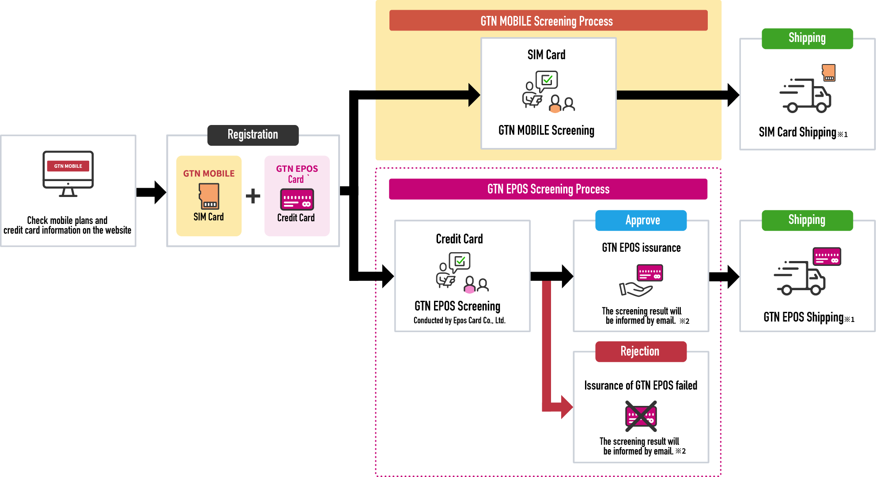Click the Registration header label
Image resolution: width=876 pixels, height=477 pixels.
coord(253,135)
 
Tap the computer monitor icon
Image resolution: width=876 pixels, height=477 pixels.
coord(68,173)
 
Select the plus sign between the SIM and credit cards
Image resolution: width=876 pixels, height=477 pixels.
coord(253,196)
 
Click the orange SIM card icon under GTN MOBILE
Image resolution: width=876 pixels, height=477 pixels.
coord(209,196)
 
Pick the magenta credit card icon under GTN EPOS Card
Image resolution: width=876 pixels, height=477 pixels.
coord(297,199)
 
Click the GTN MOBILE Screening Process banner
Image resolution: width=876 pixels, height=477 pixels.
coord(548,21)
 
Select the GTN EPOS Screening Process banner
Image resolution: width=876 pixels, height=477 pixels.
coord(548,189)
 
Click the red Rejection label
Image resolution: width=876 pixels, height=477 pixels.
coord(641,352)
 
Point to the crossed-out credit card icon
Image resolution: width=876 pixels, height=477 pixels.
coord(641,416)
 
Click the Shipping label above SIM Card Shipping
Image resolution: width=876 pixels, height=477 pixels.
coord(807,38)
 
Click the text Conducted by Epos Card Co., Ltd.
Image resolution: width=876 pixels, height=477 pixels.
coord(459,321)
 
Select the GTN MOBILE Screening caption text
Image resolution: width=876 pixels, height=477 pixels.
coord(546,131)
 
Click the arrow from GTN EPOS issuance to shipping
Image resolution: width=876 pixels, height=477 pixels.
coord(724,277)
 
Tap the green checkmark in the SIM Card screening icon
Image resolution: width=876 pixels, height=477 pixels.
coord(547,80)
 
